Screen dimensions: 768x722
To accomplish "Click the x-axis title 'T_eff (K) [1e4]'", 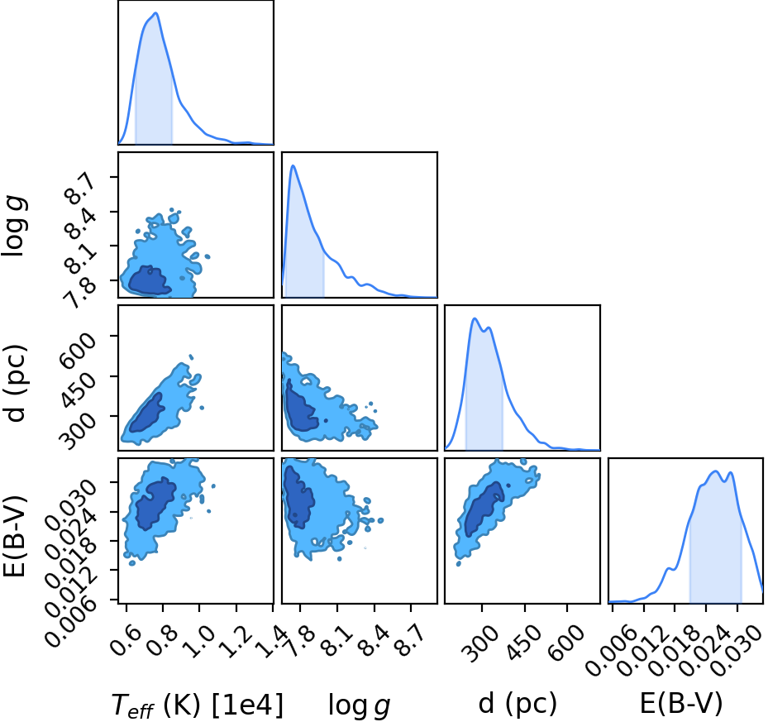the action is (198, 705).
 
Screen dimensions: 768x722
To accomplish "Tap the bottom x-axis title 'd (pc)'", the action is (518, 704).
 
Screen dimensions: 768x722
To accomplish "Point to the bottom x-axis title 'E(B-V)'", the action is (681, 704).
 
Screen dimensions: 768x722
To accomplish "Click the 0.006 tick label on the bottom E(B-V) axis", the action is (610, 652).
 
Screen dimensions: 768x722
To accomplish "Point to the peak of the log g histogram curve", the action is (293, 165).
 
